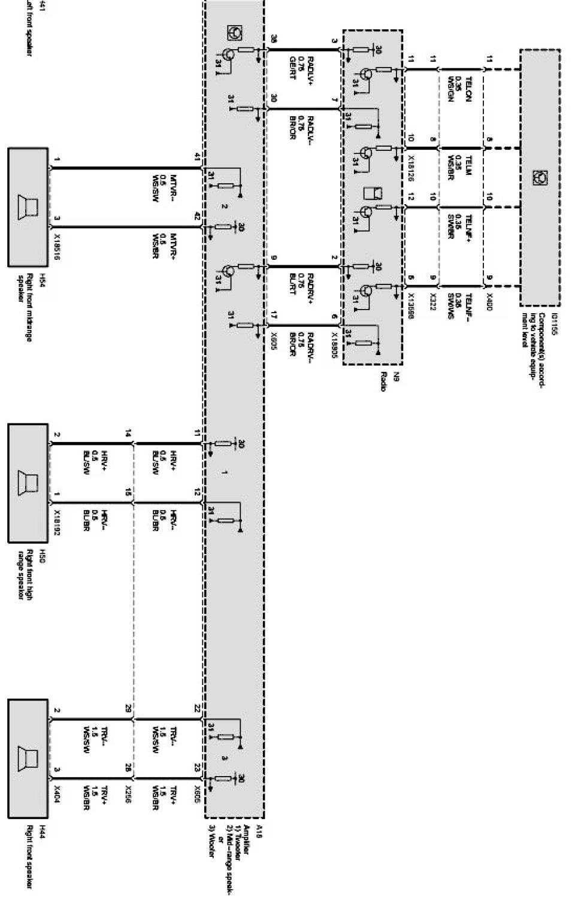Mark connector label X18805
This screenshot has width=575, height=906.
tap(334, 342)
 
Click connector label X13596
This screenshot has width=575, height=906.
tap(411, 307)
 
